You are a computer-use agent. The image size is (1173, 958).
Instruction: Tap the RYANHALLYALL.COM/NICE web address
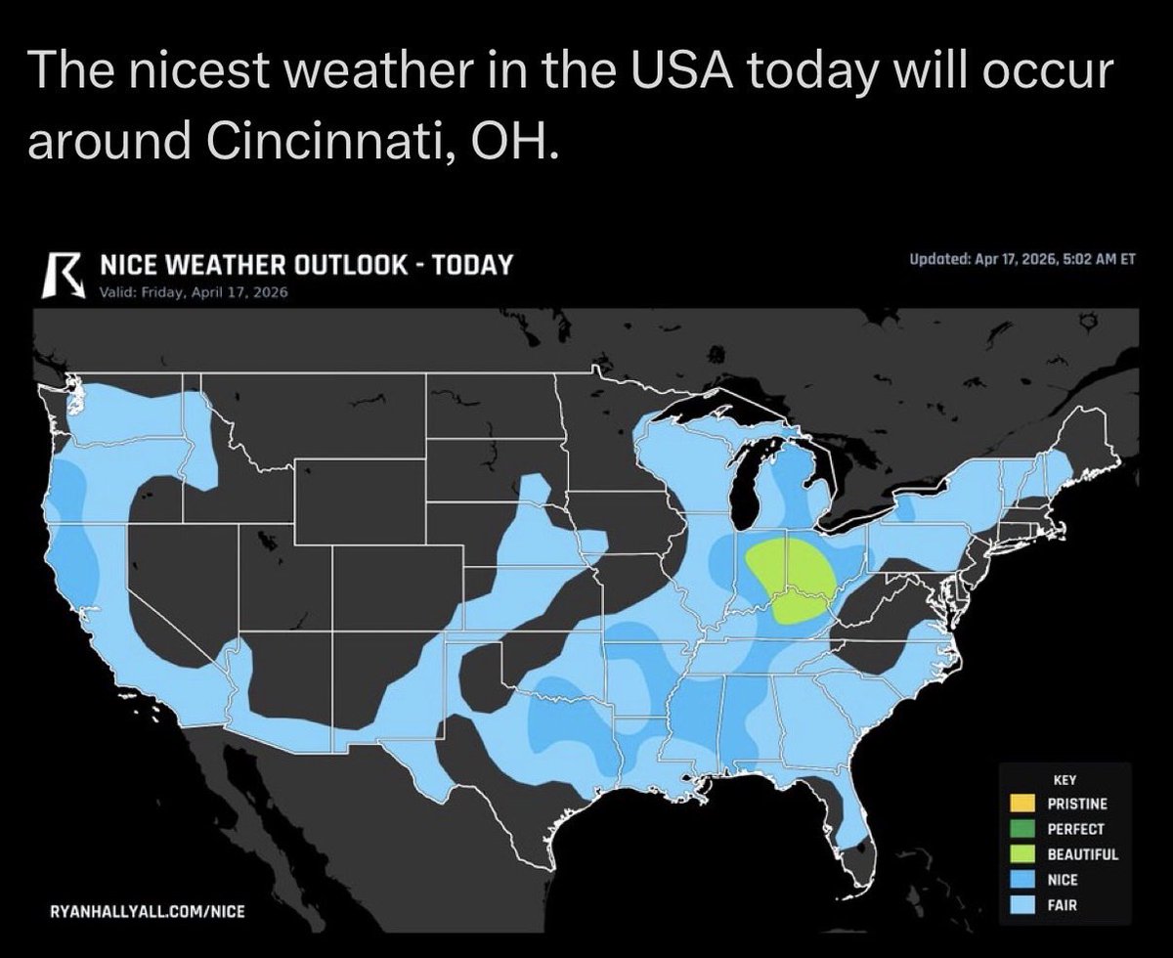147,911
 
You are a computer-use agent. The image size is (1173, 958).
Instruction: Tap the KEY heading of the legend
1064,780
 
